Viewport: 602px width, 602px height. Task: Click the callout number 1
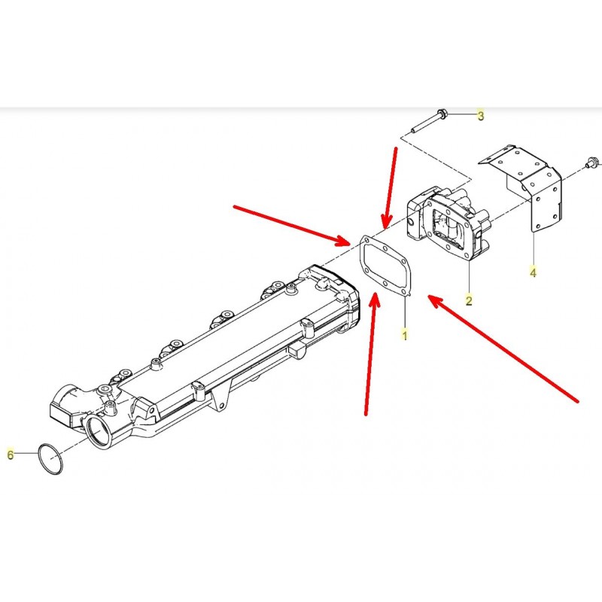405,335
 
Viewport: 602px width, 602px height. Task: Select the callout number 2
469,300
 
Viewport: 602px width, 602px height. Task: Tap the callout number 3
481,115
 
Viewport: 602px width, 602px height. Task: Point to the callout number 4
533,272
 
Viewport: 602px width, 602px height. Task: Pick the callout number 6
11,455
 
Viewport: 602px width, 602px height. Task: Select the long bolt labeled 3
427,122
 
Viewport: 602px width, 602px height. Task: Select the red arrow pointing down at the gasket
391,188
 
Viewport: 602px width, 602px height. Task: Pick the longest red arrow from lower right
503,348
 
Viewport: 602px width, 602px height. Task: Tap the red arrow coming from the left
292,225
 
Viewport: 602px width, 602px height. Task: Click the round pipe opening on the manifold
99,432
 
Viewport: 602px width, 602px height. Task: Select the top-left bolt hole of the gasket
366,241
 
